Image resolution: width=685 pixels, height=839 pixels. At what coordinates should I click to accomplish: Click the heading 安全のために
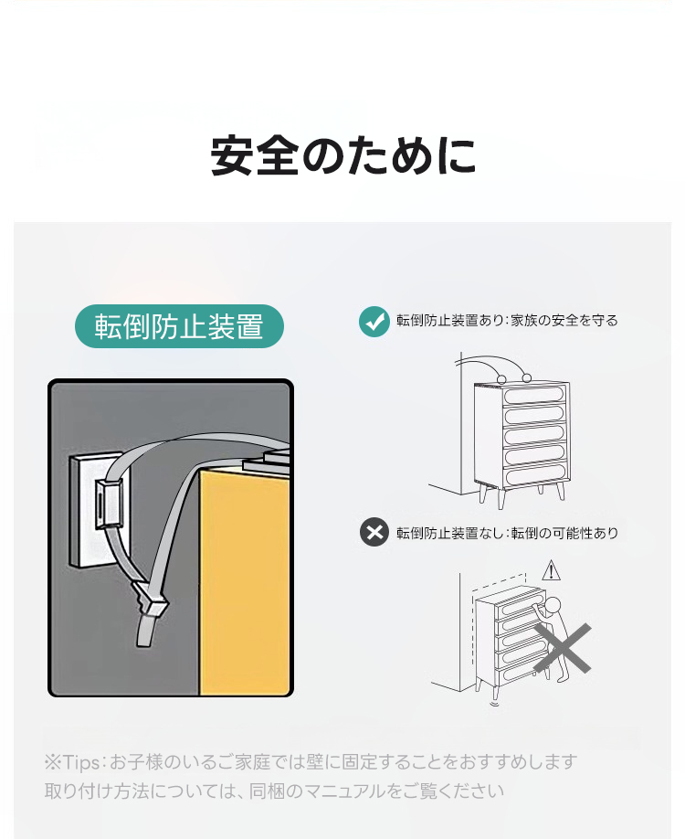coord(342,155)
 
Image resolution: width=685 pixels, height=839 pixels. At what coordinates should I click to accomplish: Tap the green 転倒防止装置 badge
coord(179,326)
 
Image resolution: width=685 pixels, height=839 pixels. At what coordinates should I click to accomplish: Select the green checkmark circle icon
coord(374,322)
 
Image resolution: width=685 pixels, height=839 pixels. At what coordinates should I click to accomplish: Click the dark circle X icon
coord(374,532)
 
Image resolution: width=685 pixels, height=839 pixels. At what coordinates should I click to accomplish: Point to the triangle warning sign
coord(551,571)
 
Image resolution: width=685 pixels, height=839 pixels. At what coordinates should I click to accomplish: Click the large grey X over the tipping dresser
coord(563,648)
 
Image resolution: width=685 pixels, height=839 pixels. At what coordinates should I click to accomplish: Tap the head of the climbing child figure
coord(553,605)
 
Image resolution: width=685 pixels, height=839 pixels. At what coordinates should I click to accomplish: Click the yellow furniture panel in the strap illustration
coord(244,580)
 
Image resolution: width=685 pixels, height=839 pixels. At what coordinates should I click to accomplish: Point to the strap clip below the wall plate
coord(151,600)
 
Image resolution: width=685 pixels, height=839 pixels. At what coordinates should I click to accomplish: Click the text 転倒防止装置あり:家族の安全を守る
coord(507,321)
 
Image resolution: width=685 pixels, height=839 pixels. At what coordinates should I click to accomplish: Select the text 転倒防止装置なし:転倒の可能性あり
coord(507,533)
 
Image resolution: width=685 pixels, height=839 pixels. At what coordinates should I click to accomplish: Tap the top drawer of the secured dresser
coord(533,395)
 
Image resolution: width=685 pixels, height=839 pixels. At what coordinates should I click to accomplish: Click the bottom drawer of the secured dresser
coord(533,475)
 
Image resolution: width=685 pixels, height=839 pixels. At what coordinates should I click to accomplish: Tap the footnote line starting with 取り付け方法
coord(274,791)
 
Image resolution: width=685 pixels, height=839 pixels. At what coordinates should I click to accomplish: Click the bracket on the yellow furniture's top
coord(268,459)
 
